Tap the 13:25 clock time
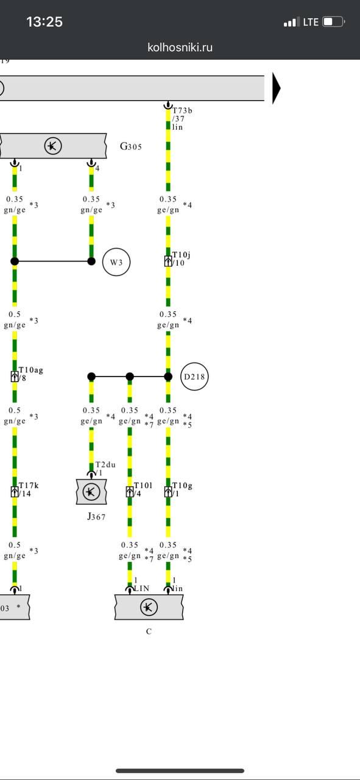click(44, 22)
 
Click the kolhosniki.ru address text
click(180, 48)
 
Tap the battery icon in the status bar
click(334, 22)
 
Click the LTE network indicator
click(311, 23)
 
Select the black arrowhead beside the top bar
click(276, 88)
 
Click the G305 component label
click(130, 146)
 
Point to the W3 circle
click(116, 262)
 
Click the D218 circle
click(194, 377)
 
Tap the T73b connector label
click(182, 110)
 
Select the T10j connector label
click(182, 255)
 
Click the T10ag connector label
click(30, 370)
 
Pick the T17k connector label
click(29, 485)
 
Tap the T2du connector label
click(105, 464)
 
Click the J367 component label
click(96, 516)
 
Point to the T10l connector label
click(143, 485)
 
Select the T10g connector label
click(183, 485)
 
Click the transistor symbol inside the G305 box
click(53, 146)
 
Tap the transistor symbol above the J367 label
click(91, 492)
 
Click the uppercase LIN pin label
click(142, 588)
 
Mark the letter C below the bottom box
click(149, 631)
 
